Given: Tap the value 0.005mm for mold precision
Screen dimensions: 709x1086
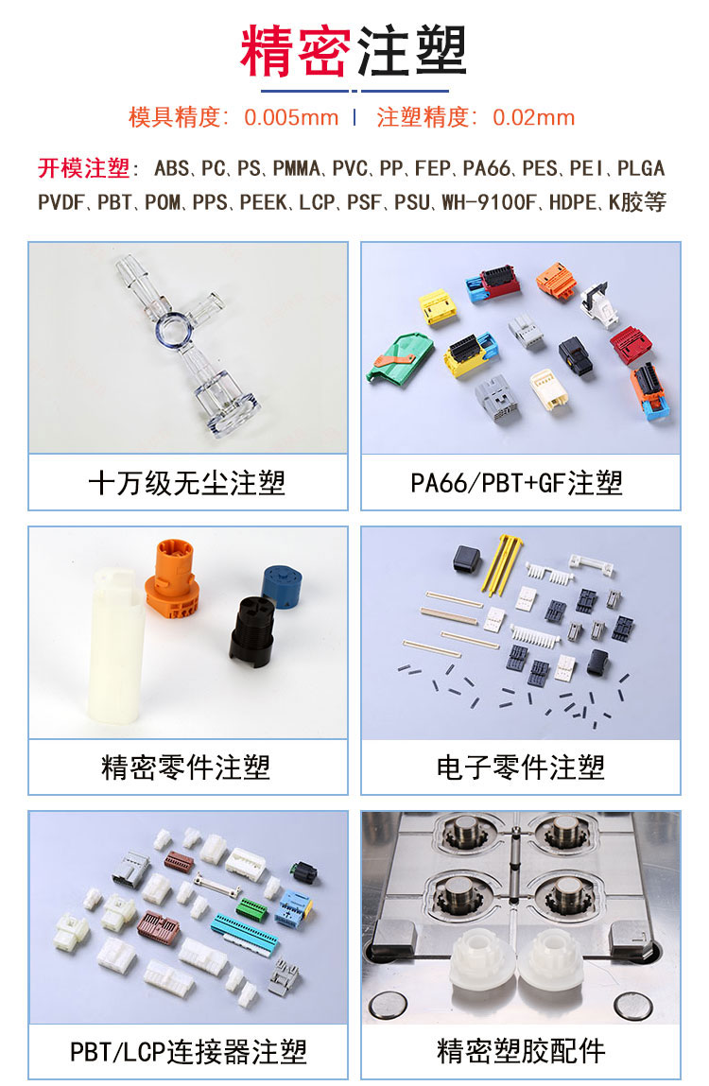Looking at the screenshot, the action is [x=291, y=118].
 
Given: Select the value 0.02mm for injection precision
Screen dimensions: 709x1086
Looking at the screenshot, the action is [x=534, y=118].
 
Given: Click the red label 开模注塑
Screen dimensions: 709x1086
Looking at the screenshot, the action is [x=84, y=168].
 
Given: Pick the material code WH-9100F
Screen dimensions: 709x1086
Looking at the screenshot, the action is [x=490, y=202].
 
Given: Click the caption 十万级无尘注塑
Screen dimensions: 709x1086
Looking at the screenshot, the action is [x=187, y=483].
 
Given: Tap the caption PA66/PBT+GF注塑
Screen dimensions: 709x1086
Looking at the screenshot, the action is [x=516, y=483].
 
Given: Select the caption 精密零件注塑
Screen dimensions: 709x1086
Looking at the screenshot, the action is [x=185, y=767].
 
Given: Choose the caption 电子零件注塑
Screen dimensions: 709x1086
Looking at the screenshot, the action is [x=521, y=767].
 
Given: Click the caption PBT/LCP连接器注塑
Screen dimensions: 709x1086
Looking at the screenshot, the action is [x=188, y=1052].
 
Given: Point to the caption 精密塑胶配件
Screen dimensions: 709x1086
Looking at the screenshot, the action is [x=521, y=1052].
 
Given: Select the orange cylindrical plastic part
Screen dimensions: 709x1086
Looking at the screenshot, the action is [x=173, y=578].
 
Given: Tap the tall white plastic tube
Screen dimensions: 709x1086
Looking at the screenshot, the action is [x=115, y=646].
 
